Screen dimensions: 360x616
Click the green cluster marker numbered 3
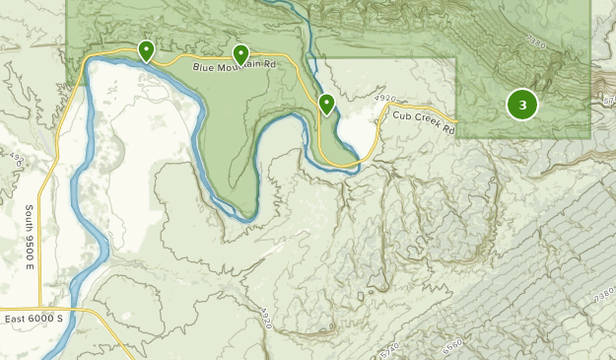tap(521, 105)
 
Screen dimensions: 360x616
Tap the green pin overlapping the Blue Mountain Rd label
tap(240, 53)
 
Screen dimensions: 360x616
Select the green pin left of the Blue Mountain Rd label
tap(146, 49)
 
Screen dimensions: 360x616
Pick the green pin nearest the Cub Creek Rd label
tap(326, 103)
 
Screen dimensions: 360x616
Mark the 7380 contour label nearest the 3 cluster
tap(535, 42)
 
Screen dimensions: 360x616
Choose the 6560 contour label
tap(452, 346)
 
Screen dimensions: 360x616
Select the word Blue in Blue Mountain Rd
tap(203, 66)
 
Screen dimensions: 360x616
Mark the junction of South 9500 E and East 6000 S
tap(40, 312)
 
